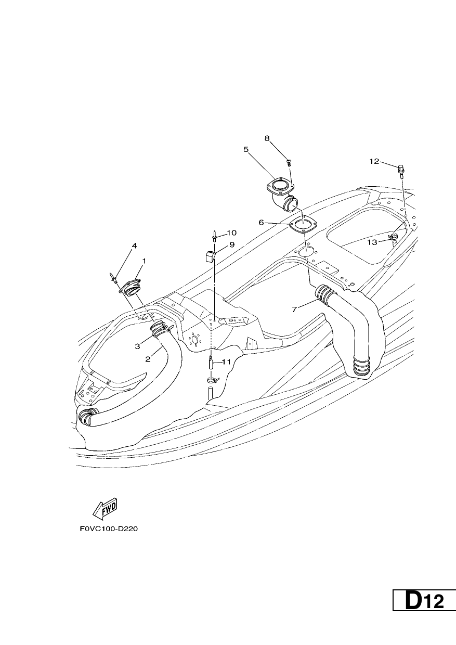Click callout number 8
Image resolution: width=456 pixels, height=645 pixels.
(267, 138)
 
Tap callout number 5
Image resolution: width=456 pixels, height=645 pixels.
(245, 149)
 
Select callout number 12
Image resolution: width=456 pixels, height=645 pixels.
(374, 162)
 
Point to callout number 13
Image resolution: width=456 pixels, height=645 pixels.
(372, 242)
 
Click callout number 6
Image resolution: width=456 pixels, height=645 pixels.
(261, 223)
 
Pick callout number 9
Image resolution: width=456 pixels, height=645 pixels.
(232, 245)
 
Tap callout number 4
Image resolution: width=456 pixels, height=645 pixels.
(134, 246)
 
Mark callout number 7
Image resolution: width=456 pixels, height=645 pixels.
(294, 309)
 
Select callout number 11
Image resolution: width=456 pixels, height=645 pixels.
(227, 362)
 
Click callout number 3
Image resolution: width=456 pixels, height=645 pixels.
(137, 346)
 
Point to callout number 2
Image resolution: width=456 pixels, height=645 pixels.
(148, 359)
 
